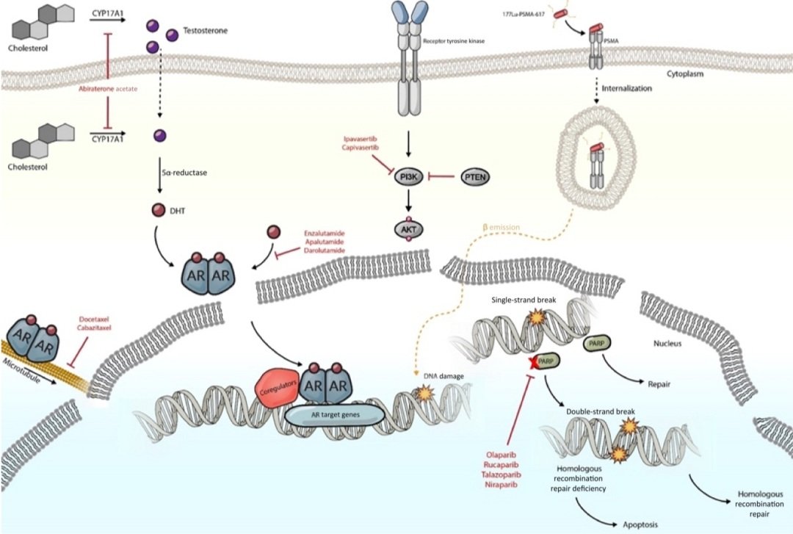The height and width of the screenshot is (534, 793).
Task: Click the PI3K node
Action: pyautogui.click(x=408, y=177)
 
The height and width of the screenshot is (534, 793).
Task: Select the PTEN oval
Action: pyautogui.click(x=478, y=176)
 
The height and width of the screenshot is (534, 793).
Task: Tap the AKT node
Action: pyautogui.click(x=408, y=231)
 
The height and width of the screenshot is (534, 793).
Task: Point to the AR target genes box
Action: pyautogui.click(x=335, y=415)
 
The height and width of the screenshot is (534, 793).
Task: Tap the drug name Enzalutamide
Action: pyautogui.click(x=325, y=233)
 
